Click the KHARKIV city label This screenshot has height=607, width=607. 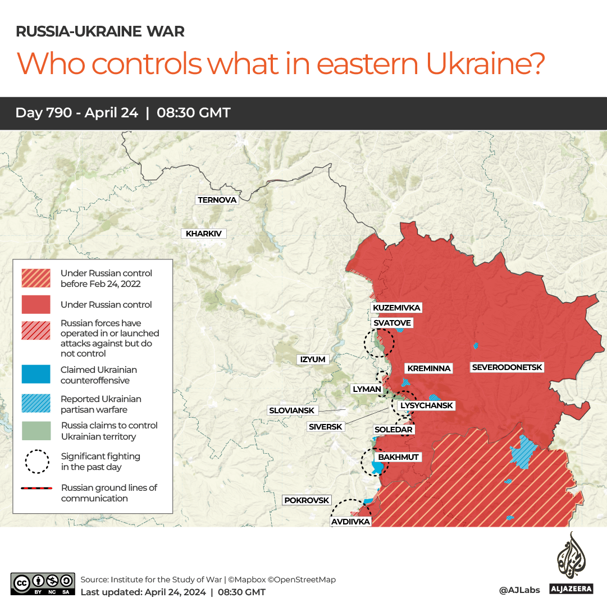pos(203,234)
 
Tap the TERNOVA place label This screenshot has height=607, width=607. pos(217,200)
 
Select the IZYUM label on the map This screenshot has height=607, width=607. pos(313,359)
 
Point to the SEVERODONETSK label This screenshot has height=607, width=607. pos(507,367)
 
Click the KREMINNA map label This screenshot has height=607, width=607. pos(429,368)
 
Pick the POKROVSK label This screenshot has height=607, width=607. pos(307,500)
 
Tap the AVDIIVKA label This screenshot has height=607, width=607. pos(350,522)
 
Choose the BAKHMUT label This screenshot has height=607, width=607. pos(398,457)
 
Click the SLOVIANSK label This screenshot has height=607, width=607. pos(291,410)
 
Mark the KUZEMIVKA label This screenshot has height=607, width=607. pos(396,308)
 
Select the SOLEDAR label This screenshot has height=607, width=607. pos(394,430)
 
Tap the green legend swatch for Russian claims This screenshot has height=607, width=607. pos(36,431)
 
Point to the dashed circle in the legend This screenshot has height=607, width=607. pos(36,461)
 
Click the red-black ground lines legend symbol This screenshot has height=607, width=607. pos(36,489)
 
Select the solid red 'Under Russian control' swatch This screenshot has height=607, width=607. pos(36,304)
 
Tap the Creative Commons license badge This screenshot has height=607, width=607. pos(43,583)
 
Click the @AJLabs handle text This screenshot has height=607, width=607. pos(519,590)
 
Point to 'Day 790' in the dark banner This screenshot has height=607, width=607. pos(43,113)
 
